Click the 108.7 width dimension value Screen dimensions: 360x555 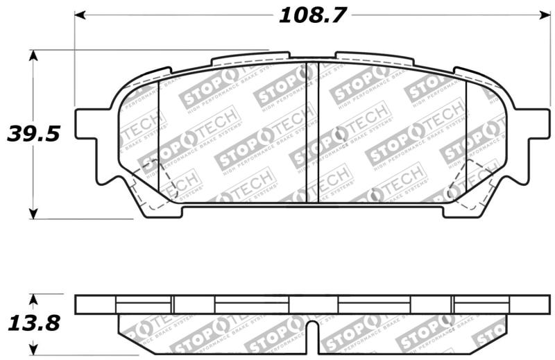tap(311, 15)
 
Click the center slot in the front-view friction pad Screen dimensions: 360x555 tap(312, 132)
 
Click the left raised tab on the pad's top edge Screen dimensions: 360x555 tap(250, 57)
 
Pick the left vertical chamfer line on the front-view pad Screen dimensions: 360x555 tap(159, 139)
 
